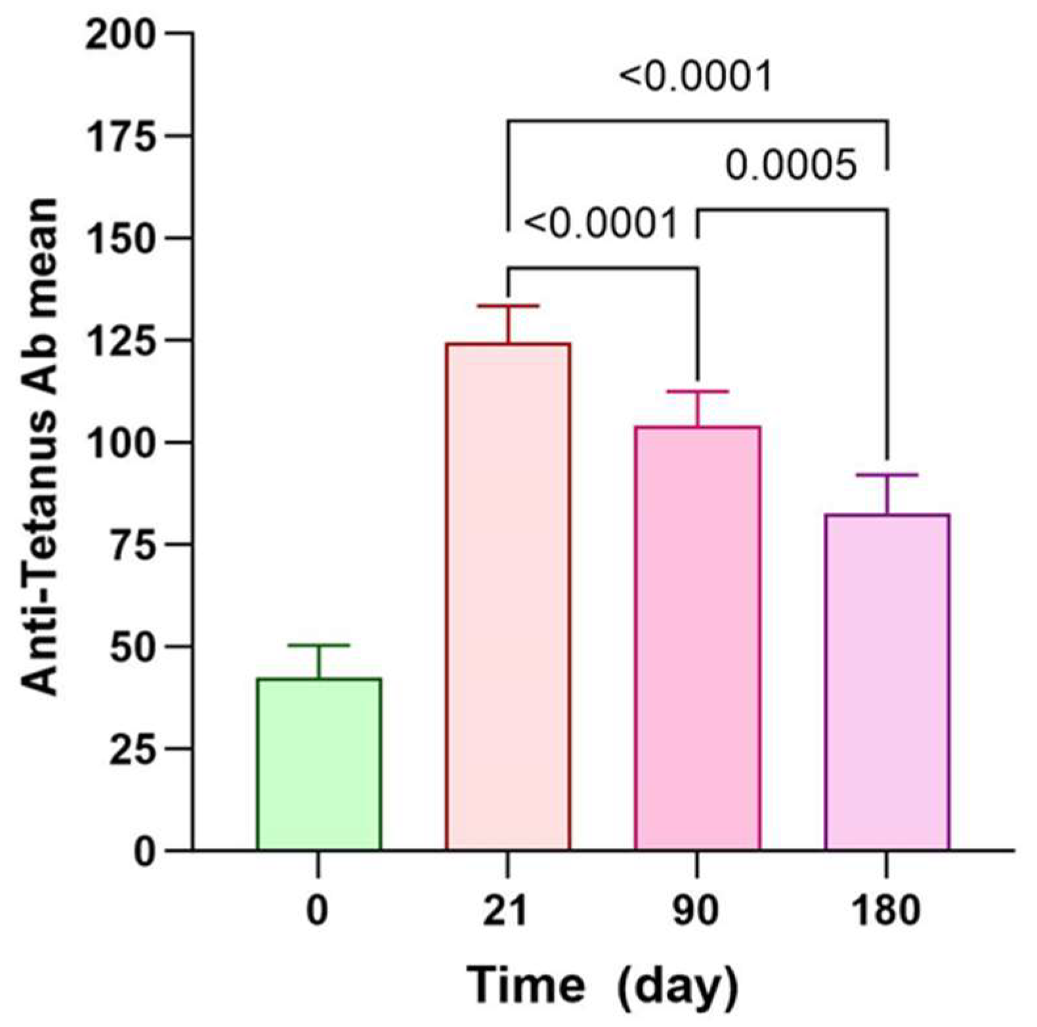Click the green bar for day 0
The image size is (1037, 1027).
[x=319, y=765]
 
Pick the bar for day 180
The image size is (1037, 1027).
[x=887, y=682]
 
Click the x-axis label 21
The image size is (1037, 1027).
[x=505, y=910]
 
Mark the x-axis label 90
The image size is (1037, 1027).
[x=696, y=910]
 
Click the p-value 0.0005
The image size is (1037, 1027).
[x=791, y=165]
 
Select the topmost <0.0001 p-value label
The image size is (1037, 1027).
[x=696, y=77]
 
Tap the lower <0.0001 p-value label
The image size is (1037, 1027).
[x=601, y=224]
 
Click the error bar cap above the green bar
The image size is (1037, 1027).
[x=319, y=646]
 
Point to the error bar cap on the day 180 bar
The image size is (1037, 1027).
[x=887, y=474]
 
